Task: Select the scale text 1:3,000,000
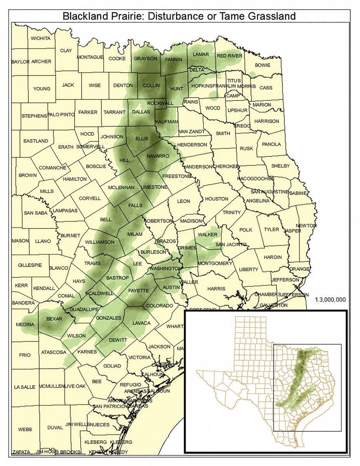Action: [x=330, y=300]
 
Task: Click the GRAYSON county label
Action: [x=146, y=59]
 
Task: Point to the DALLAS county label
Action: [x=141, y=111]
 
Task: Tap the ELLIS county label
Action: [x=143, y=138]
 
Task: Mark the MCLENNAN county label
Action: [x=121, y=187]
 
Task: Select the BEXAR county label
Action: [x=54, y=319]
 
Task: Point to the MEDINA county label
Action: [x=25, y=324]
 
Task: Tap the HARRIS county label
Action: [x=216, y=289]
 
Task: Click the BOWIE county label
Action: [x=263, y=65]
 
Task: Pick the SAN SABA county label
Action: [x=35, y=213]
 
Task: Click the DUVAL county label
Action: [x=55, y=427]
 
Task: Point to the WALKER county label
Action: [x=207, y=235]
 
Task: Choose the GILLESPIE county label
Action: [x=29, y=265]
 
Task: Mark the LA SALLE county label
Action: [x=24, y=387]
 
